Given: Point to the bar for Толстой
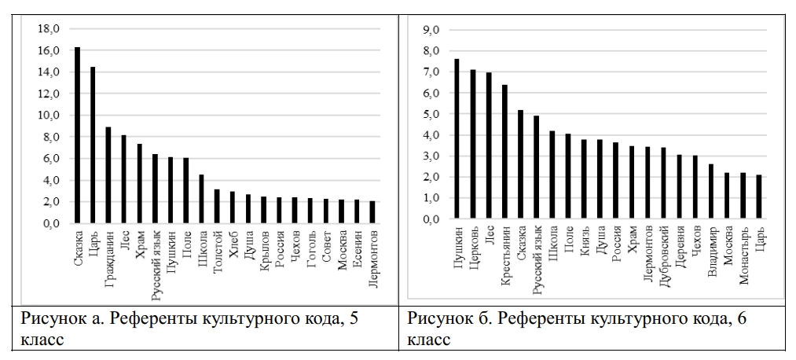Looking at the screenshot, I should click(217, 207).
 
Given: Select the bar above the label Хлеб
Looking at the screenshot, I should click(233, 208).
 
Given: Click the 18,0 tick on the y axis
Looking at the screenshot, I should click(49, 29).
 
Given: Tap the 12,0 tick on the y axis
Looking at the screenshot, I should click(49, 94).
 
